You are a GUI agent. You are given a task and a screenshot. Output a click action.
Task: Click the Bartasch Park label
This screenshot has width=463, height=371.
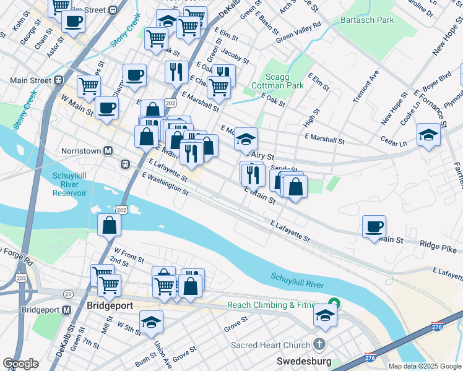coord(367,20)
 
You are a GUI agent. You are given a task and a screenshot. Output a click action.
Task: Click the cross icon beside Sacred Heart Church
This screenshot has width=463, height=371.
coord(319,344)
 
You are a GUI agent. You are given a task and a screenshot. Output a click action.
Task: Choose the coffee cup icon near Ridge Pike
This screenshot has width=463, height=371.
coord(374,226)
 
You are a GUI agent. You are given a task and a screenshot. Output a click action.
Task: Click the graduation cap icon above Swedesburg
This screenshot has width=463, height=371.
coord(325,315)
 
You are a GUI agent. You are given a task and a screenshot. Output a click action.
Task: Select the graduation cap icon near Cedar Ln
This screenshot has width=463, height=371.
coord(428,135)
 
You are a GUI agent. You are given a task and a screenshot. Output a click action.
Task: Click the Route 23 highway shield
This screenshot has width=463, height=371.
coord(68,294)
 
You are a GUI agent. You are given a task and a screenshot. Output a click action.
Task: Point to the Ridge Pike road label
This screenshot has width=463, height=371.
coord(437,249)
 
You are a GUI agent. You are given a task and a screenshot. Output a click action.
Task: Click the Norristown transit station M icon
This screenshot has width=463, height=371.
coord(108,150)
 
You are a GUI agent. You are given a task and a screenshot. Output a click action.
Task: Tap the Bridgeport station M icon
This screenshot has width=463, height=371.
coord(67,309)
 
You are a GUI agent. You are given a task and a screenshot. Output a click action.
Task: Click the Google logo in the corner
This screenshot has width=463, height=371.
coord(20,363)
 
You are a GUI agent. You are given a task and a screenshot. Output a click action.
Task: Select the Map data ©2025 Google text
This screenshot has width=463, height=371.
coord(424,366)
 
